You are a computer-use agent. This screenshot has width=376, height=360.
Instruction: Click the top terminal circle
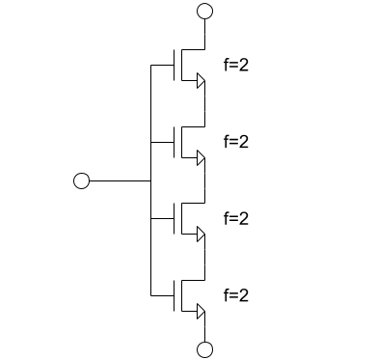pyautogui.click(x=203, y=11)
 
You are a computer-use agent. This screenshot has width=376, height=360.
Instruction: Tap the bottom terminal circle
pyautogui.click(x=203, y=349)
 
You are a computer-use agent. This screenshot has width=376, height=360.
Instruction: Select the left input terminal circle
pyautogui.click(x=82, y=180)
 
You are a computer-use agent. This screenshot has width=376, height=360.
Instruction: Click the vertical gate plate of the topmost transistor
pyautogui.click(x=175, y=66)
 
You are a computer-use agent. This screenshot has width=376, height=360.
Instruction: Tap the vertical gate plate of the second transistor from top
pyautogui.click(x=175, y=142)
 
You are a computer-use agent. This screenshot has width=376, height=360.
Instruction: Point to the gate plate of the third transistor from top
pyautogui.click(x=175, y=218)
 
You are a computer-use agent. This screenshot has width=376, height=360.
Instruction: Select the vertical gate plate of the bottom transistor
pyautogui.click(x=175, y=294)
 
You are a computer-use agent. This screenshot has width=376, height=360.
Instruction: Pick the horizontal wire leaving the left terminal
pyautogui.click(x=120, y=180)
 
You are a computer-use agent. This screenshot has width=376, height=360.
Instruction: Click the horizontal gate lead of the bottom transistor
pyautogui.click(x=163, y=294)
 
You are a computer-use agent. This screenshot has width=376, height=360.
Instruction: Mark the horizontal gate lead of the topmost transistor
pyautogui.click(x=163, y=66)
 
